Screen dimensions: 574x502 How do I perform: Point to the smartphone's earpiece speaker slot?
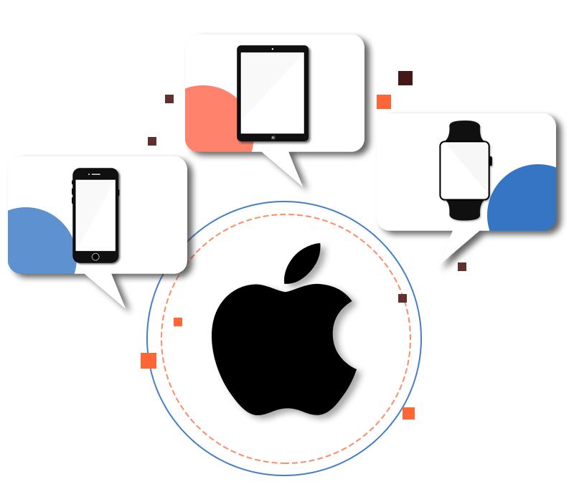(95, 174)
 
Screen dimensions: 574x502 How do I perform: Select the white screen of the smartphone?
(95, 214)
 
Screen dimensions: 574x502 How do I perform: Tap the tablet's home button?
(273, 136)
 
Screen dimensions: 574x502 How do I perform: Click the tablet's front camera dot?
(273, 49)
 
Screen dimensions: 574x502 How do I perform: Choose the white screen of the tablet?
(273, 93)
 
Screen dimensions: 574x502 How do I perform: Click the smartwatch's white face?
(464, 170)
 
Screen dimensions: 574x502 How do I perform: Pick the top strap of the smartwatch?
(464, 131)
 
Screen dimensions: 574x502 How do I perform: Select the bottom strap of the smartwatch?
(464, 209)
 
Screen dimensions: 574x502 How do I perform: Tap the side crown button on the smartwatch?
(491, 161)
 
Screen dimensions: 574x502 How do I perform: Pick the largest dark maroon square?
(405, 78)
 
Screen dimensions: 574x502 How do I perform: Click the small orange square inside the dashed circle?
(178, 322)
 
